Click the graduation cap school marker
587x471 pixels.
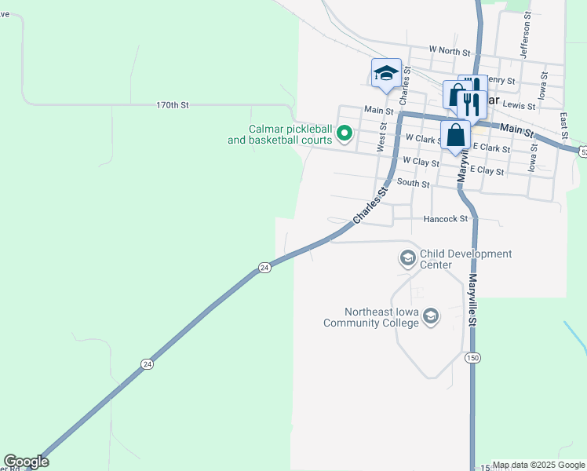[385, 73]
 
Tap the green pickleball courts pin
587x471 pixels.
[344, 135]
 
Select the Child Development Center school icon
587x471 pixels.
[407, 258]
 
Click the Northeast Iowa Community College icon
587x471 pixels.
[429, 316]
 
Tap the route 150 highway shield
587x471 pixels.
[472, 358]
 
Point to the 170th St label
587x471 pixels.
[173, 104]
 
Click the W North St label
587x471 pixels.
[449, 50]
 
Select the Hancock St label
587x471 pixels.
[445, 219]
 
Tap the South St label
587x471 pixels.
[413, 184]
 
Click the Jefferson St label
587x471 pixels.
[527, 35]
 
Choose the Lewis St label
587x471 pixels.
[519, 105]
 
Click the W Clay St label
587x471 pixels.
[420, 161]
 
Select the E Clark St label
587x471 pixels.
[492, 148]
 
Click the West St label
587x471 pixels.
[382, 136]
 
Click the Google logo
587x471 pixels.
[26, 462]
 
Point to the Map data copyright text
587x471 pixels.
[538, 465]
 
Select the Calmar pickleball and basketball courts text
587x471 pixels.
[291, 134]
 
